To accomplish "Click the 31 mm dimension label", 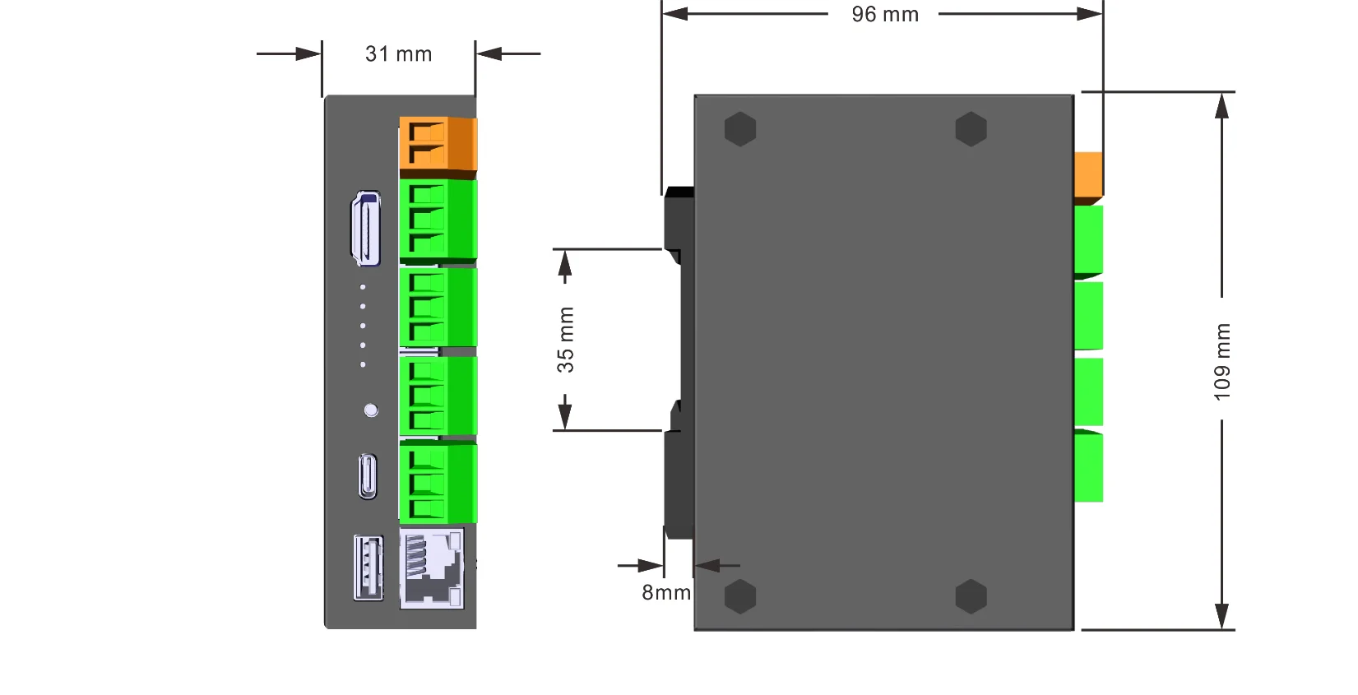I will [398, 54].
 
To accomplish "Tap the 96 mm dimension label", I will [885, 15].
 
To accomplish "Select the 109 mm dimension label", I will [1222, 361].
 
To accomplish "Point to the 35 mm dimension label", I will [566, 340].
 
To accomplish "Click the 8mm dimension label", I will [665, 592].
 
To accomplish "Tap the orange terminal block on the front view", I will [438, 144].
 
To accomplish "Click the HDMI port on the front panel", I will [367, 229].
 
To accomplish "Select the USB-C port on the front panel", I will [368, 476].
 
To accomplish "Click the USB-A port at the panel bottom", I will [368, 568].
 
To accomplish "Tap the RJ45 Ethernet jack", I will [431, 568].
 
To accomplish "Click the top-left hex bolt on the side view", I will [740, 129].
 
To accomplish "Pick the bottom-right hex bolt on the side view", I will [971, 596].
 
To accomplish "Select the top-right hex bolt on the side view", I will [971, 129].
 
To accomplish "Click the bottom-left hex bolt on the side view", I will [740, 596].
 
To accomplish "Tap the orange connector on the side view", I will [1088, 175].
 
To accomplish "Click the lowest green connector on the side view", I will [1088, 467].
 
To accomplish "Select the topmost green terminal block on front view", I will [438, 220].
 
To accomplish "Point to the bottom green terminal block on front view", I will [438, 484].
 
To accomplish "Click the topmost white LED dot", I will [363, 287].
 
